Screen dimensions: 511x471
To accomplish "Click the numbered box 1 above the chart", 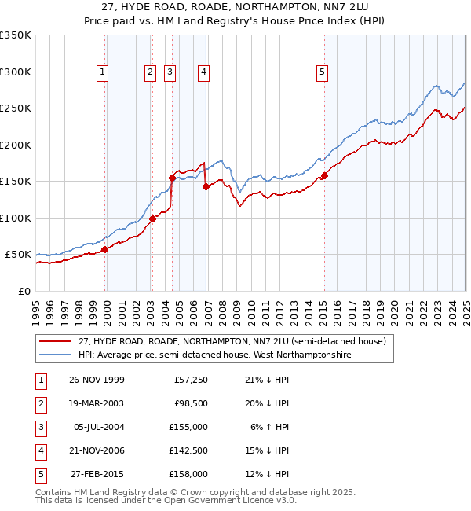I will pos(103,72).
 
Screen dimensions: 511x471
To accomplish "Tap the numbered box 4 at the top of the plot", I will pos(203,72).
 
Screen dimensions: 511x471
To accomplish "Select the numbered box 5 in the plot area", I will pos(323,72).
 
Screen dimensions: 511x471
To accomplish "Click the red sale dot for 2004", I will pos(172,178).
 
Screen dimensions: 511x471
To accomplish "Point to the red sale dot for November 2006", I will pos(206,187).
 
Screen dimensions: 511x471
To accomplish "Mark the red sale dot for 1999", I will pos(105,249).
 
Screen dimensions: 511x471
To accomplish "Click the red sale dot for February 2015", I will pos(324,176).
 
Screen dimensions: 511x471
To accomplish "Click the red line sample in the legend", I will pos(56,343).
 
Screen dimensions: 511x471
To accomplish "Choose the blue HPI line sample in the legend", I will pos(56,355).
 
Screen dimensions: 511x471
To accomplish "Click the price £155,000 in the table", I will pos(188,427).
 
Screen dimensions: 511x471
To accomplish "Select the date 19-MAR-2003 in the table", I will pos(97,403).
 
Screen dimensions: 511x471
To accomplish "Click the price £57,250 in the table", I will pos(191,380).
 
